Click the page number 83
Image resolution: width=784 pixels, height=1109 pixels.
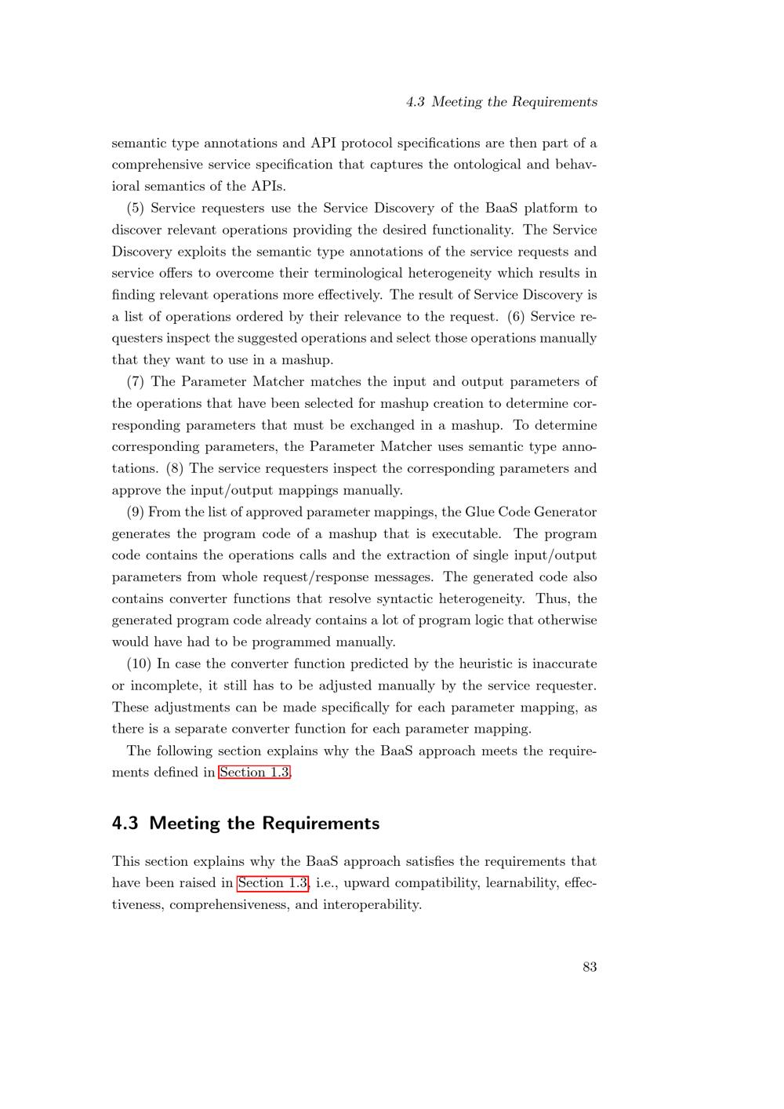click(x=590, y=967)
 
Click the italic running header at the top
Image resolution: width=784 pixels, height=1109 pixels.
click(x=502, y=102)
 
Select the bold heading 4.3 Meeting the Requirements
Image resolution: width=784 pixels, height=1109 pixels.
click(x=245, y=824)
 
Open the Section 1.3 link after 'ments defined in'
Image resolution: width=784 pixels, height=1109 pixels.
click(x=255, y=773)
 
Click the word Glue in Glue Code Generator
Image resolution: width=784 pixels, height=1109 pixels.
click(x=479, y=512)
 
